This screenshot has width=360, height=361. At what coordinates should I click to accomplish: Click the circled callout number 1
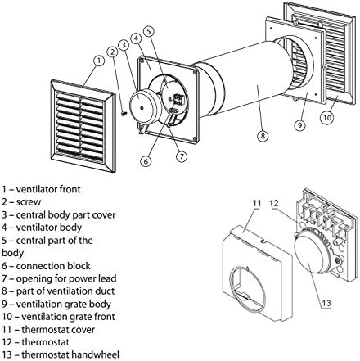coord(99,61)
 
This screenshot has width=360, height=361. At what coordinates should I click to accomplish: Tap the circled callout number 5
coord(149,31)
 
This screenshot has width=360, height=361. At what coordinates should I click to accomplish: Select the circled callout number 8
coord(263,136)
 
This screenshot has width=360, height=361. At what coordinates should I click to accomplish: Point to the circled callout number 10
coord(327,117)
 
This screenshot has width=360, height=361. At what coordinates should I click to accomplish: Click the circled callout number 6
coord(146,161)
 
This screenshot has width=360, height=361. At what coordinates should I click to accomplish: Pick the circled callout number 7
coord(182,156)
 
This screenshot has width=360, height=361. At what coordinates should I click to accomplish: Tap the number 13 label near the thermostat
coord(326,303)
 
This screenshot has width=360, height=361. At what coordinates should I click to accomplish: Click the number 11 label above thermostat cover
coord(257,203)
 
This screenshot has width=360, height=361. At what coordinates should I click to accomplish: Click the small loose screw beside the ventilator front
coord(124,114)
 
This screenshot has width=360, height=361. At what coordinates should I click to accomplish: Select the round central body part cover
coord(143,106)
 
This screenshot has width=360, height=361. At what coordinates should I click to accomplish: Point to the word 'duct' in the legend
coord(105,291)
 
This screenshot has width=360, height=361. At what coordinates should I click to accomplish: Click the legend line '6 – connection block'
coord(46,265)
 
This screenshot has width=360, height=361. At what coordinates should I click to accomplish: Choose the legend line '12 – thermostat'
coord(35,342)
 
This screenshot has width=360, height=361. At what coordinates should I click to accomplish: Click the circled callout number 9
coord(299,125)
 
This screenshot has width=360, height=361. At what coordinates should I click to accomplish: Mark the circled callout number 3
coord(124,45)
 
